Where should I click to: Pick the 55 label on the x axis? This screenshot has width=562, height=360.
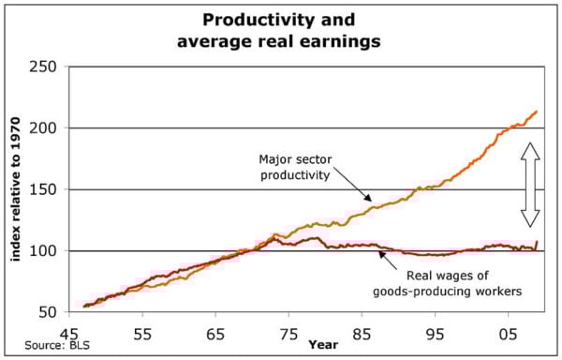tap(143, 334)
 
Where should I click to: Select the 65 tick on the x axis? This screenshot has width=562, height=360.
tap(216, 334)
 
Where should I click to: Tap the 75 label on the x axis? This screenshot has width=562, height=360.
tap(289, 334)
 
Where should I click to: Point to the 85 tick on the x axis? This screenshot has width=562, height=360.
tap(362, 334)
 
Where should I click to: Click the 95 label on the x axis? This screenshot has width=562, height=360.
tap(436, 334)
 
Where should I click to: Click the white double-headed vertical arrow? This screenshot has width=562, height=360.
tap(530, 184)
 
